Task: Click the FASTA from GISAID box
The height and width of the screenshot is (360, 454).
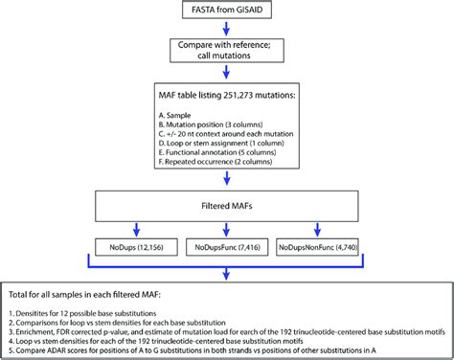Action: click(227, 11)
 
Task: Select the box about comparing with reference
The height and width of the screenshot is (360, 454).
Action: click(227, 51)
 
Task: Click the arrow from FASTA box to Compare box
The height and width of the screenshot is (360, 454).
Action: click(227, 29)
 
